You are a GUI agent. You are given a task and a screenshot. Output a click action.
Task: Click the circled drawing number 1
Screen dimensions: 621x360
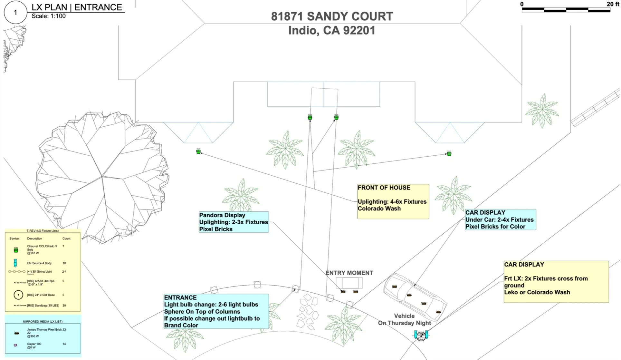pyautogui.click(x=15, y=13)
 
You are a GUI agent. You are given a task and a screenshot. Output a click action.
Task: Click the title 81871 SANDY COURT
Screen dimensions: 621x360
pyautogui.click(x=332, y=16)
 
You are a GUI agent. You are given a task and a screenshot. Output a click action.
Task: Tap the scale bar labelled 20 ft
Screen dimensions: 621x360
pyautogui.click(x=566, y=10)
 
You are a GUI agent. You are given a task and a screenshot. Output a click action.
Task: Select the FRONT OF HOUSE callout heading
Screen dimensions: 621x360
pyautogui.click(x=384, y=188)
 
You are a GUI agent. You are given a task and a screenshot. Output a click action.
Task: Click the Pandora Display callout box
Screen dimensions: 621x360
pyautogui.click(x=234, y=222)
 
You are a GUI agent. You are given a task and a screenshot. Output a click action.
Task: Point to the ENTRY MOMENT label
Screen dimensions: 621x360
pyautogui.click(x=349, y=273)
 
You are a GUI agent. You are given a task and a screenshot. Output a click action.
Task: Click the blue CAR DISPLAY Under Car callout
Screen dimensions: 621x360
pyautogui.click(x=500, y=219)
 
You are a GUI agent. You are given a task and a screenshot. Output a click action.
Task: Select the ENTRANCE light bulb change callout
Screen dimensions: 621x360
pyautogui.click(x=216, y=311)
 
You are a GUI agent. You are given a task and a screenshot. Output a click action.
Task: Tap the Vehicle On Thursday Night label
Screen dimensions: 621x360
pyautogui.click(x=405, y=319)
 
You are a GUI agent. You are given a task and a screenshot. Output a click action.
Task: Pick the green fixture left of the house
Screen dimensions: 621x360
pyautogui.click(x=198, y=151)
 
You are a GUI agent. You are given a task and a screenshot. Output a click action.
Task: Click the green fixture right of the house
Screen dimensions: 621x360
pyautogui.click(x=449, y=153)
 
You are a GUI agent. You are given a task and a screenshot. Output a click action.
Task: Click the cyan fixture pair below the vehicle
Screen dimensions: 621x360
pyautogui.click(x=421, y=335)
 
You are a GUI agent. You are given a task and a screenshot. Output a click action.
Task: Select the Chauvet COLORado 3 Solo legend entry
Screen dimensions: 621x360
pyautogui.click(x=42, y=249)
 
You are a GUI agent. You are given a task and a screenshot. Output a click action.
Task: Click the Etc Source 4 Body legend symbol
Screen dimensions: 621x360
pyautogui.click(x=15, y=263)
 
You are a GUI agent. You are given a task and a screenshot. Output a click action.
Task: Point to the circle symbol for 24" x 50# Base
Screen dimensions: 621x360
pyautogui.click(x=18, y=295)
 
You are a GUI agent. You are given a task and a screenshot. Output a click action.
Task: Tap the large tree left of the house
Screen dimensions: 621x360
pyautogui.click(x=102, y=176)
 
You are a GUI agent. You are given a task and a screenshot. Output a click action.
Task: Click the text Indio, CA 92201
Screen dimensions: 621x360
pyautogui.click(x=332, y=31)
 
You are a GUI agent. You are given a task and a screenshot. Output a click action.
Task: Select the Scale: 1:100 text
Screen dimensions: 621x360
pyautogui.click(x=49, y=16)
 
